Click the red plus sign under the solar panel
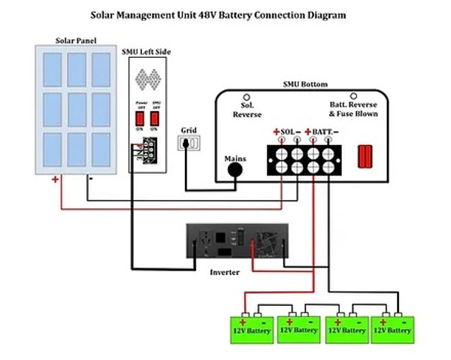point(55,180)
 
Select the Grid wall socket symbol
point(189,142)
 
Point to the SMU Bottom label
point(301,86)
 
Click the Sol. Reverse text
point(247,109)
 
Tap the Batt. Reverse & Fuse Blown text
point(353,109)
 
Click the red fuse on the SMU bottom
point(365,156)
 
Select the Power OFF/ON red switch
point(139,118)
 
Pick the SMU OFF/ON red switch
point(156,118)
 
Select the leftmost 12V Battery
point(252,328)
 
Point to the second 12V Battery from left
point(298,328)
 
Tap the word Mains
point(236,159)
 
